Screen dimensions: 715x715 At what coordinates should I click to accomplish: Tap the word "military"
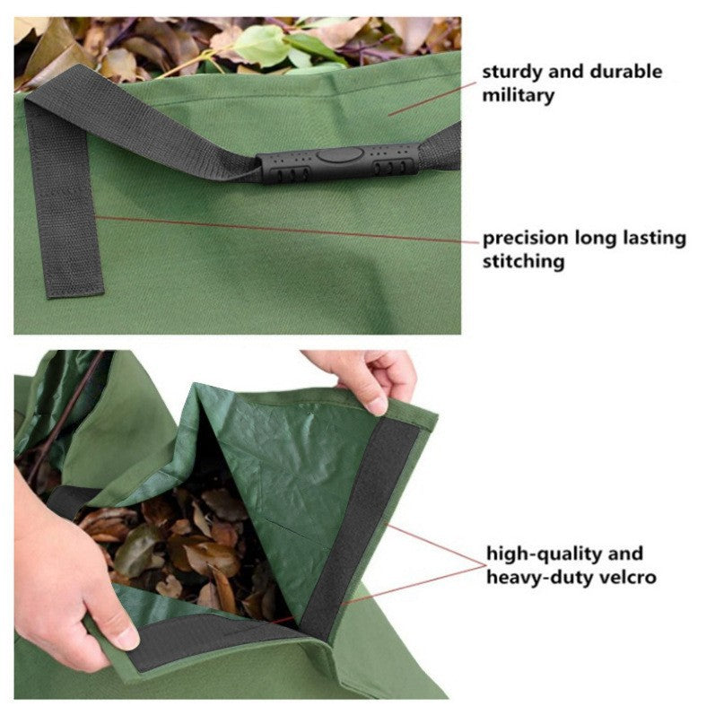coord(519,94)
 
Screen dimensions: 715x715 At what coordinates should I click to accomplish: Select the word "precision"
coord(526,239)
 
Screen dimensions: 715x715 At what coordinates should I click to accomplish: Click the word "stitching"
coord(524,262)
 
